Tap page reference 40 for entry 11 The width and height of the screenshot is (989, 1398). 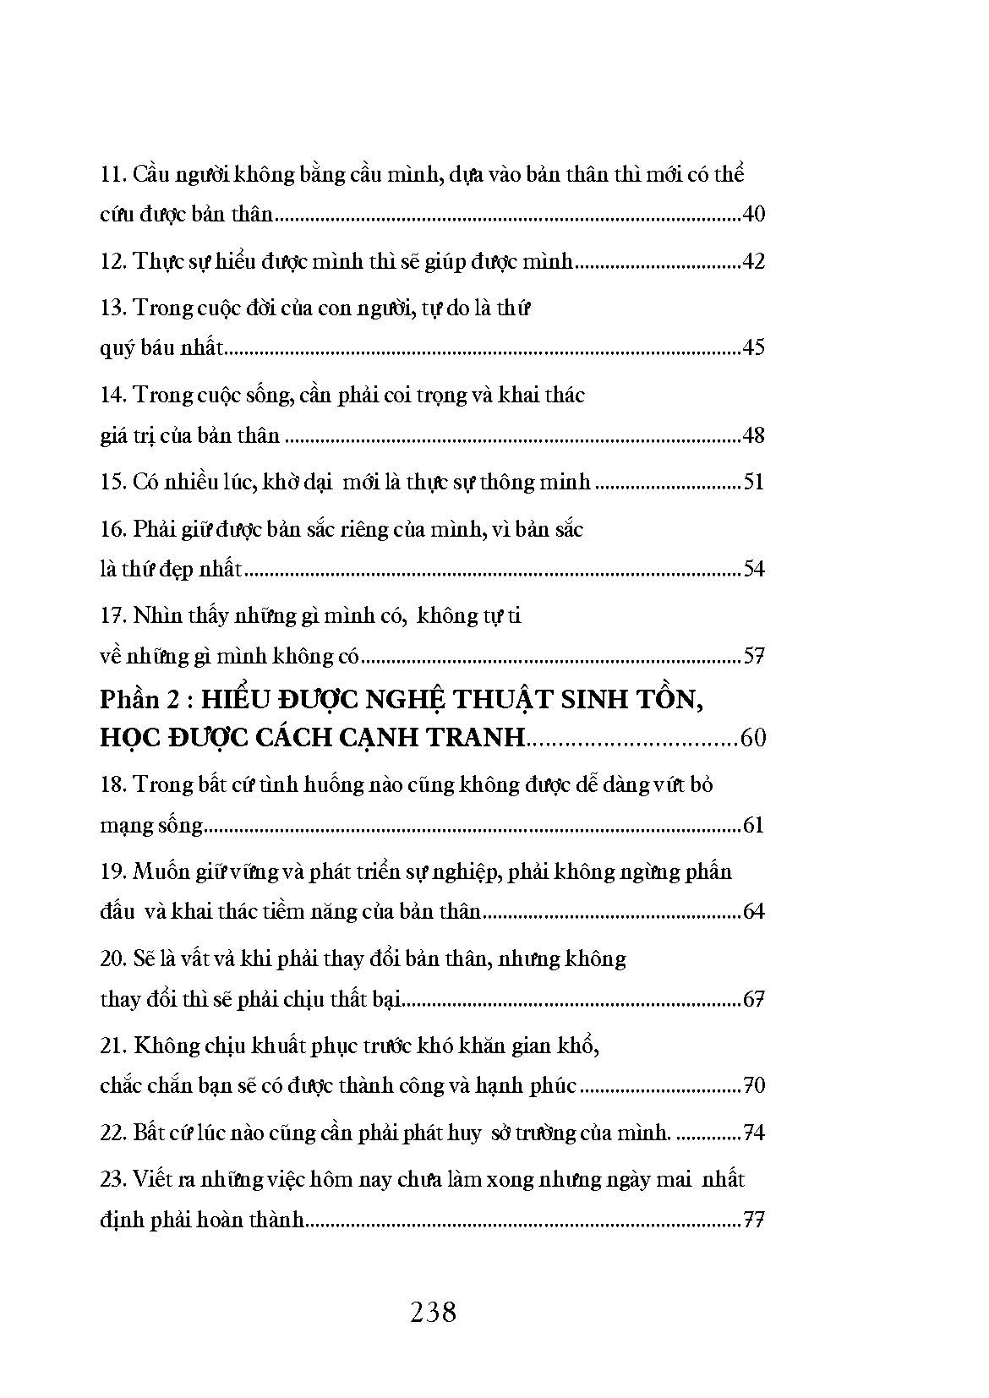(x=752, y=214)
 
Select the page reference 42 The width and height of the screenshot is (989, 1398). (x=752, y=261)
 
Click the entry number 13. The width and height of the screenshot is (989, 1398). (x=112, y=308)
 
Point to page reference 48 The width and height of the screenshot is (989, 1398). (x=752, y=435)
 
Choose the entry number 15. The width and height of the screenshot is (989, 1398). (x=112, y=483)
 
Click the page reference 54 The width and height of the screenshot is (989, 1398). (x=752, y=569)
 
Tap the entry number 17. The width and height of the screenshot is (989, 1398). (x=112, y=616)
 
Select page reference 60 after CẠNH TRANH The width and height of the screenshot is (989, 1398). (x=752, y=737)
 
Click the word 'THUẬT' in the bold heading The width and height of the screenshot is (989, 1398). (x=507, y=699)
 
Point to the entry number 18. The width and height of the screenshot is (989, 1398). (x=112, y=785)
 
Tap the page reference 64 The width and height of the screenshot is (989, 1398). (x=752, y=912)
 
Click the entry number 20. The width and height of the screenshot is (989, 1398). (x=112, y=959)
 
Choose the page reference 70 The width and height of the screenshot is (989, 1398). (x=752, y=1085)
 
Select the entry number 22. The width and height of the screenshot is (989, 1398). (x=112, y=1133)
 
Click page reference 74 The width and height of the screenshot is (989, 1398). (x=752, y=1133)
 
